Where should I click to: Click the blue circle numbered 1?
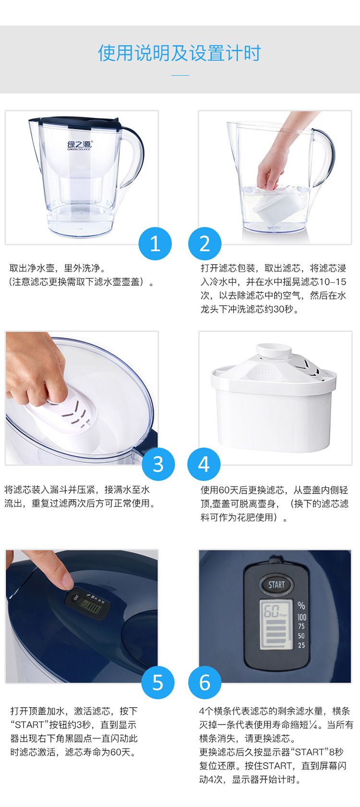[x=155, y=243]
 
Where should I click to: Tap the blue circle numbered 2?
[x=204, y=243]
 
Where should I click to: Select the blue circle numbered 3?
[x=158, y=464]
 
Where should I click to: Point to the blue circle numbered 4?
[x=204, y=464]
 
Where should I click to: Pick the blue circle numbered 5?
[x=158, y=682]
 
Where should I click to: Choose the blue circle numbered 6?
[x=204, y=682]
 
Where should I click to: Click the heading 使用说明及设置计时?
[x=180, y=53]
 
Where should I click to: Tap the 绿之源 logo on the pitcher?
[x=80, y=145]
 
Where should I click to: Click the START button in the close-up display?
[x=276, y=585]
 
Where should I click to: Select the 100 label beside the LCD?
[x=301, y=617]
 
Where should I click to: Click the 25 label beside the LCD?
[x=301, y=645]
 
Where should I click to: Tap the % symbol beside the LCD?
[x=301, y=605]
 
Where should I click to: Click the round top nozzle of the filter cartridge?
[x=274, y=350]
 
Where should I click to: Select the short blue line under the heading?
[x=180, y=75]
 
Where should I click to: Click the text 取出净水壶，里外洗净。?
[x=57, y=268]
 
